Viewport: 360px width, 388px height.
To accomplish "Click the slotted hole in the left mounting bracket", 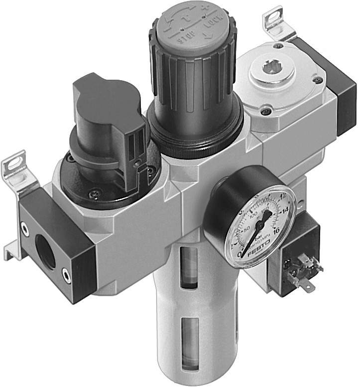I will tap(13, 165).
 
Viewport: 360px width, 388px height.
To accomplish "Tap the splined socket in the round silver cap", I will tap(273, 67).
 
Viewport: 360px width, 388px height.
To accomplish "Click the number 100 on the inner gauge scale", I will tap(253, 215).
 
